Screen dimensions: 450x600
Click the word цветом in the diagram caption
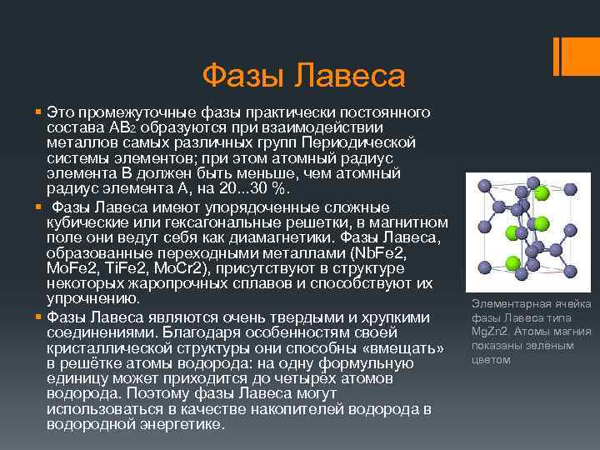point(491,360)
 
